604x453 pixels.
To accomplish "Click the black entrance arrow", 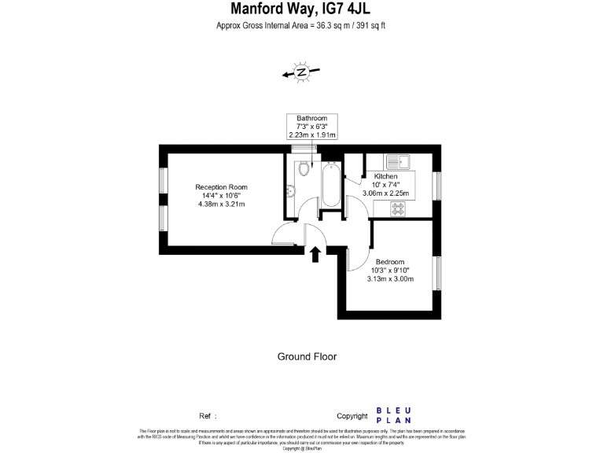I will (315, 254).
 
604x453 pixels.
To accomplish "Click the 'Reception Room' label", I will (221, 187).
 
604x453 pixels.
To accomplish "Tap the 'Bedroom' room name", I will (389, 262).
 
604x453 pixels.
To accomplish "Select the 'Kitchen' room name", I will (385, 176).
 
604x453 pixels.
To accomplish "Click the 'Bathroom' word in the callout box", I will (311, 118).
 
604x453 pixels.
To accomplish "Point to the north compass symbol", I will (301, 72).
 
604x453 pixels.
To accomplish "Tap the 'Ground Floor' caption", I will (307, 356).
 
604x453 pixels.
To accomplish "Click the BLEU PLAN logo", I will (394, 415).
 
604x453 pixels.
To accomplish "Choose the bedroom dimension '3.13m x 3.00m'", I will (390, 278).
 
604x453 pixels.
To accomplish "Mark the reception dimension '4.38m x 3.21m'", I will (221, 204).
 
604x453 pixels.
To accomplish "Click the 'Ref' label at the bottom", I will (205, 416).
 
